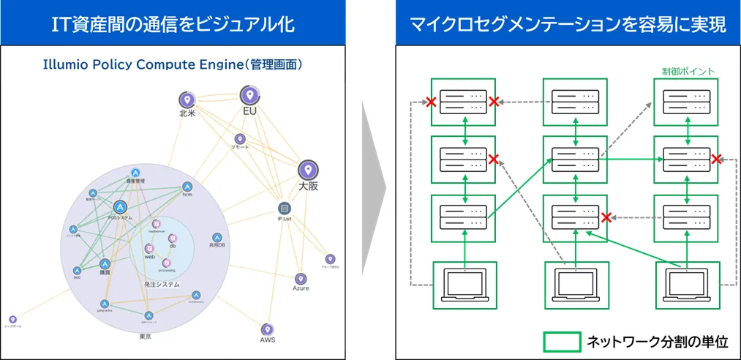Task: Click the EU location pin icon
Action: click(249, 94)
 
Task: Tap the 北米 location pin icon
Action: click(187, 100)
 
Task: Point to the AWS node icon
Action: click(266, 329)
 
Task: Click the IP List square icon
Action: click(285, 208)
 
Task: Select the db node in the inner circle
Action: click(172, 238)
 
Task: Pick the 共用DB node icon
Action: click(217, 238)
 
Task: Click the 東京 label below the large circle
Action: click(145, 337)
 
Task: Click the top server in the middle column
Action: click(574, 101)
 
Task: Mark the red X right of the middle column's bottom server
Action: click(606, 217)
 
